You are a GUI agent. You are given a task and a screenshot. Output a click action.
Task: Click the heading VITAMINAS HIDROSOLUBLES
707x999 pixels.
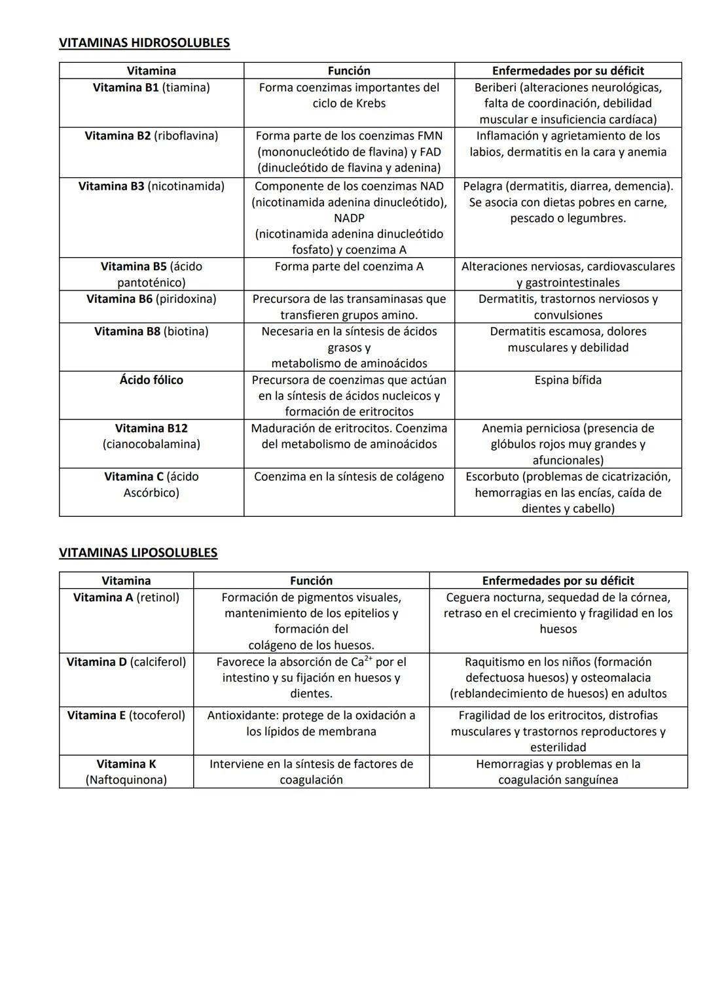click(x=144, y=43)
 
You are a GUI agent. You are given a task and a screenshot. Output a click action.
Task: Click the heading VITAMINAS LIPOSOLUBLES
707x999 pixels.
click(x=138, y=553)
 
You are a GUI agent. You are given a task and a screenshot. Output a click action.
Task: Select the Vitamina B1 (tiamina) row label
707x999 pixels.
click(x=151, y=88)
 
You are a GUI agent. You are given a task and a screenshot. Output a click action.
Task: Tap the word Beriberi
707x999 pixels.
click(x=495, y=88)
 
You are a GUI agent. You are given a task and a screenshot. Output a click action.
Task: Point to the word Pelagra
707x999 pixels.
click(x=483, y=186)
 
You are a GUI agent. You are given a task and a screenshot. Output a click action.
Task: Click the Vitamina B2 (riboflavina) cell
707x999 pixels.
click(x=151, y=136)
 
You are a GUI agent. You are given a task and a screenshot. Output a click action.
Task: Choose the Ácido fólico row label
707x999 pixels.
click(x=151, y=380)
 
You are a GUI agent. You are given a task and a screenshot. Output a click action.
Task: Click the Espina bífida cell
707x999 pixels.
click(x=568, y=380)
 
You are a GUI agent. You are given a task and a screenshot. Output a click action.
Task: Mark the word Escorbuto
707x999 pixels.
click(x=493, y=477)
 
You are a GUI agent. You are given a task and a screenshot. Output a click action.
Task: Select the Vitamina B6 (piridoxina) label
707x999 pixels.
click(x=151, y=299)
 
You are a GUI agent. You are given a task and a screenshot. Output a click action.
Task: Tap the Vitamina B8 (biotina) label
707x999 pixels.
click(x=151, y=332)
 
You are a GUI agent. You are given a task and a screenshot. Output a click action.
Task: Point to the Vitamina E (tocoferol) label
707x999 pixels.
click(x=126, y=716)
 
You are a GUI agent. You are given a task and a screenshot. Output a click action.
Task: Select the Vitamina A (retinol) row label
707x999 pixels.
click(x=126, y=597)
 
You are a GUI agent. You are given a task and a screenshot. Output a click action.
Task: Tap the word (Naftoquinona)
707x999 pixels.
click(x=126, y=780)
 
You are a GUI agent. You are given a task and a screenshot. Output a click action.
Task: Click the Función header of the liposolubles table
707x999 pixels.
click(x=311, y=581)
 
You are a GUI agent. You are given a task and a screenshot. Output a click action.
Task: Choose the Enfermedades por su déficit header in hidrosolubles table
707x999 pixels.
click(x=568, y=71)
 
